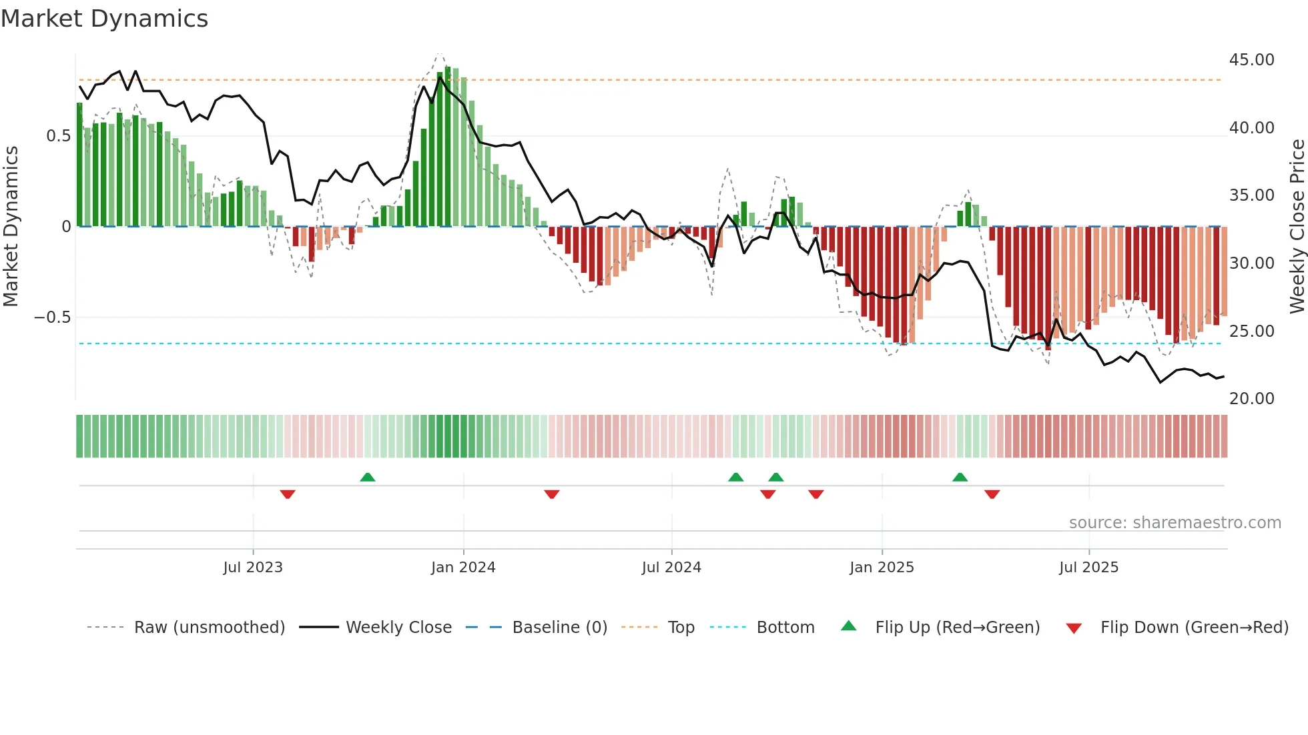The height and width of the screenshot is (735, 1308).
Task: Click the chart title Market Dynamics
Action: (x=104, y=19)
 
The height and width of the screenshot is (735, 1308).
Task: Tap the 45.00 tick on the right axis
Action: (x=1251, y=60)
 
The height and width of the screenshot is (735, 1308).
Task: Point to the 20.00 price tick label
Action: (x=1251, y=399)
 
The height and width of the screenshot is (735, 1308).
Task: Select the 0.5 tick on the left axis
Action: (x=58, y=136)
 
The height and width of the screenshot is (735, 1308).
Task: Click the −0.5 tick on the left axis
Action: (x=52, y=317)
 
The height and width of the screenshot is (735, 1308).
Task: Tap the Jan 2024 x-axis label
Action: (x=463, y=568)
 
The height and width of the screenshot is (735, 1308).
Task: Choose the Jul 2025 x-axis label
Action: (x=1088, y=568)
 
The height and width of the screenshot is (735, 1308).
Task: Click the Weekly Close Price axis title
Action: (x=1297, y=227)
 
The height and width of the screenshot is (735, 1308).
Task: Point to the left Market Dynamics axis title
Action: (x=11, y=227)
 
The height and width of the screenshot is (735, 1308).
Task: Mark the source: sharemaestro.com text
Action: (x=1175, y=523)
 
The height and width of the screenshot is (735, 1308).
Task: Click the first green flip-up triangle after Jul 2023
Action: (x=368, y=477)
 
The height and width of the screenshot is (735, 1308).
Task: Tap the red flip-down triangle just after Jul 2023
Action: (x=288, y=494)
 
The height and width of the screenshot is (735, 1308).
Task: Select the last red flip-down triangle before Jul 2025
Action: (x=992, y=494)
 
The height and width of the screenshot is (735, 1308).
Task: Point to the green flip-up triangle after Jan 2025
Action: (x=960, y=477)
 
